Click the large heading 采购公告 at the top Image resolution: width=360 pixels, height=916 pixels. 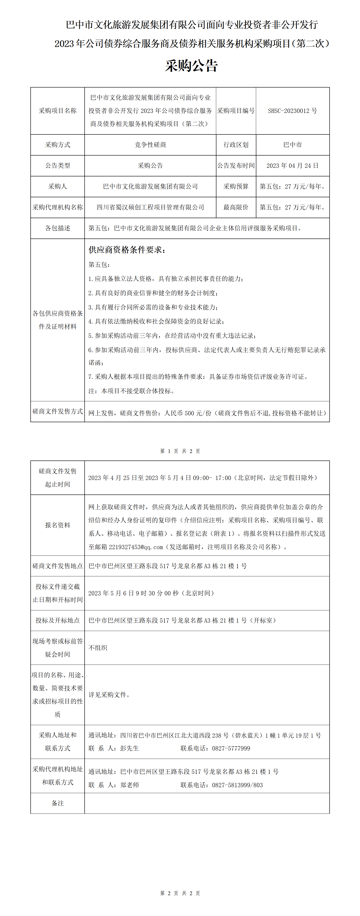click(191, 66)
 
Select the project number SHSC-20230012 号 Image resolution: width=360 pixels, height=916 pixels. click(292, 111)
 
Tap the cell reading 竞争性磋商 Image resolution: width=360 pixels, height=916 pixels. click(150, 145)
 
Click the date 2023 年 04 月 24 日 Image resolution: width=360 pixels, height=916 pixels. click(292, 166)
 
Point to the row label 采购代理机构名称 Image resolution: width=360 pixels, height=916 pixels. click(58, 207)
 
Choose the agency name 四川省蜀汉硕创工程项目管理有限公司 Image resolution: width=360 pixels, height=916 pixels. click(150, 207)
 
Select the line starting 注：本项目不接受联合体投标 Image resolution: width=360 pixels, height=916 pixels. click(131, 391)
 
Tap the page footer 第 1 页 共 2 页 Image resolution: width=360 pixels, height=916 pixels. click(180, 451)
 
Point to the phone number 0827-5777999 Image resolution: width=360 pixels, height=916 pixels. click(231, 748)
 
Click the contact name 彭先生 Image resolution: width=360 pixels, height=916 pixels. click(130, 748)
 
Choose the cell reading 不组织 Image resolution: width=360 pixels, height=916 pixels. click(98, 648)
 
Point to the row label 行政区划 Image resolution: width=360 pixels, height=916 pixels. click(236, 145)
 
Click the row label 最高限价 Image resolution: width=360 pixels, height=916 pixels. click(236, 207)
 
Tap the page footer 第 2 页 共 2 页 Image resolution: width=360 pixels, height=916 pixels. click(180, 893)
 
